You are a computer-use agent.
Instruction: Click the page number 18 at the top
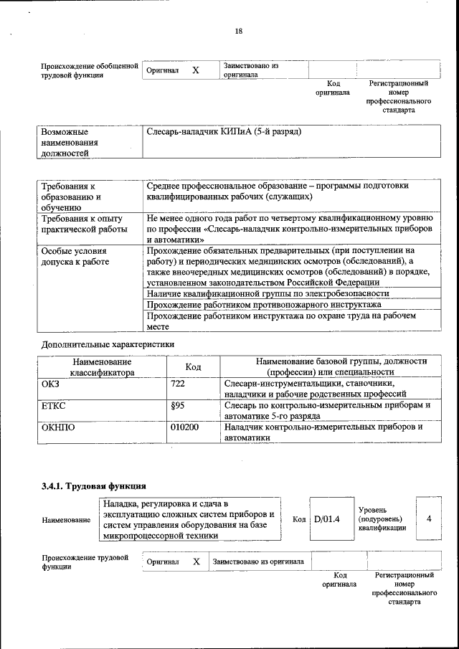(x=238, y=31)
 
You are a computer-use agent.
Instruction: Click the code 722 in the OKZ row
(x=178, y=385)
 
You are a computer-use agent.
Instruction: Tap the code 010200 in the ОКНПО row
(x=184, y=427)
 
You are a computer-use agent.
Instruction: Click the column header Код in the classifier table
(x=193, y=367)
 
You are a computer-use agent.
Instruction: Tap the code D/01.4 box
(x=326, y=518)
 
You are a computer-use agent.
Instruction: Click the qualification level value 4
(x=428, y=518)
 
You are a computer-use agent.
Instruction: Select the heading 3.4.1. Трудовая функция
(x=93, y=486)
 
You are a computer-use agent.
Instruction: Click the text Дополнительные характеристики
(x=108, y=344)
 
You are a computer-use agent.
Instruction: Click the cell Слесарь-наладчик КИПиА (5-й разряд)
(x=224, y=133)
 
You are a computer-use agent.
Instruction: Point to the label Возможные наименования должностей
(x=70, y=143)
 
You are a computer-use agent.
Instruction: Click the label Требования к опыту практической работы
(x=82, y=224)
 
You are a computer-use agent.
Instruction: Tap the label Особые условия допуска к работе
(x=75, y=256)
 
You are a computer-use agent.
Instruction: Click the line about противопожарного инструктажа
(x=263, y=305)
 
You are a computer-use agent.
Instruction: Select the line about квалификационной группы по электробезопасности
(x=267, y=293)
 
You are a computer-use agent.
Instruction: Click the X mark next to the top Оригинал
(x=195, y=70)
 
